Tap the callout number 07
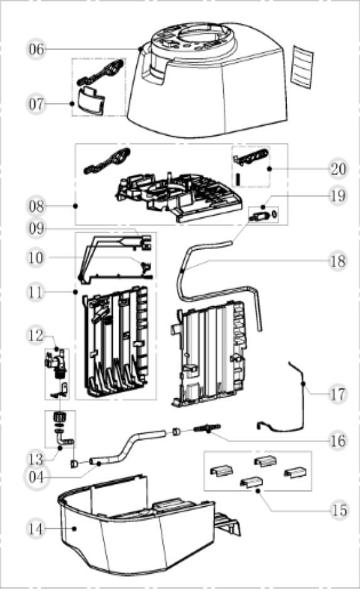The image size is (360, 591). point(37,104)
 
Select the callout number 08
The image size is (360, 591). point(37,205)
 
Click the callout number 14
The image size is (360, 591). point(37,528)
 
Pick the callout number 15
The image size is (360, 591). point(339,509)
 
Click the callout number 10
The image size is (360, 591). point(37,257)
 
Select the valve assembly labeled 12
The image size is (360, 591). point(56,364)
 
